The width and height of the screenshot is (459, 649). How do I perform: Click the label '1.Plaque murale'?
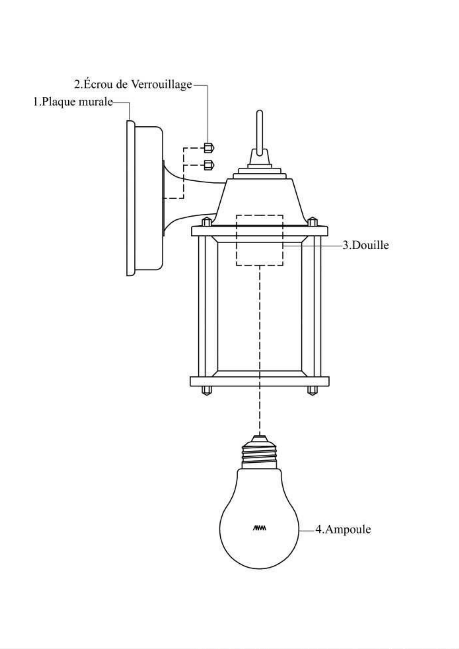click(73, 102)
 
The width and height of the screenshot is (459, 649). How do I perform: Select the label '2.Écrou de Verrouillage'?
click(133, 84)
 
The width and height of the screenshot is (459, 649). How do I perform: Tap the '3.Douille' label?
click(366, 245)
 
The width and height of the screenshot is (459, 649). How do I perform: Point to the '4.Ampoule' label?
click(343, 530)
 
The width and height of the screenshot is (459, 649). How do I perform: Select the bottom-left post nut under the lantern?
click(207, 390)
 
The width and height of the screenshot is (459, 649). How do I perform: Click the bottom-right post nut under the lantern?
click(312, 390)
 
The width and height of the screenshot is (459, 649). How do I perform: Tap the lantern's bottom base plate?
click(260, 381)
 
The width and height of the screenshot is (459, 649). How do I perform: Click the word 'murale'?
click(96, 102)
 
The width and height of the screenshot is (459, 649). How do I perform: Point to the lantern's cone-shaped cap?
click(260, 201)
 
